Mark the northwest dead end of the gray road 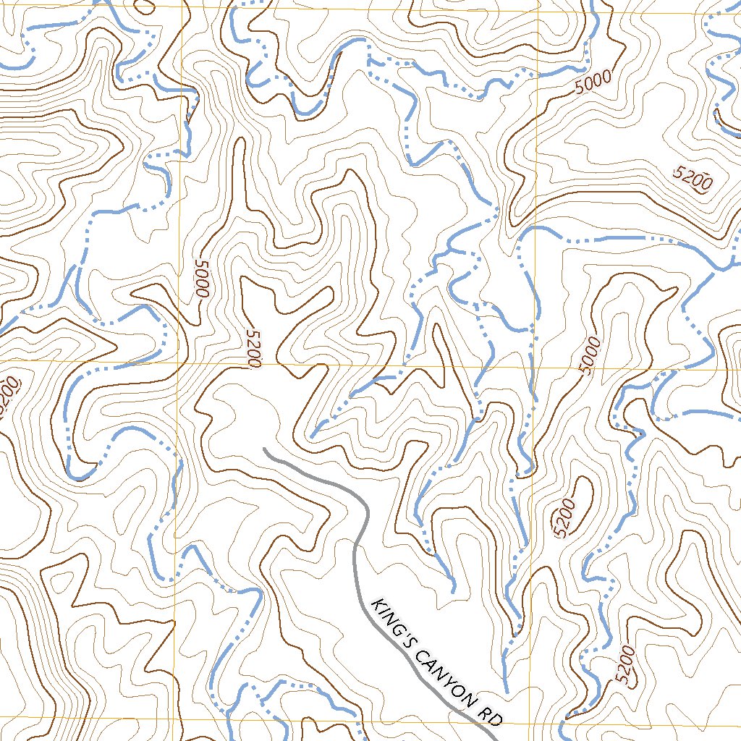pyautogui.click(x=265, y=449)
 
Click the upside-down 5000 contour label pyautogui.click(x=201, y=279)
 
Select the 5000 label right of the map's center pyautogui.click(x=590, y=355)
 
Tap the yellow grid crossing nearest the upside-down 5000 pyautogui.click(x=178, y=361)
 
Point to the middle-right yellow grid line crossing pyautogui.click(x=534, y=366)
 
